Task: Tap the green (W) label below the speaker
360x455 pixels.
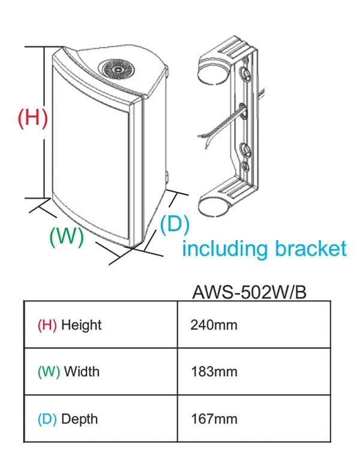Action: (x=65, y=235)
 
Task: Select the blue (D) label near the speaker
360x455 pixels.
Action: (x=175, y=224)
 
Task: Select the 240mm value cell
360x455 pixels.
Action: (x=214, y=325)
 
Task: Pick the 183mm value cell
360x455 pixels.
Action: (x=214, y=372)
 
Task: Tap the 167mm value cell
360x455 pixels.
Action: (x=214, y=418)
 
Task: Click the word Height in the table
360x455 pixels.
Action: (x=81, y=325)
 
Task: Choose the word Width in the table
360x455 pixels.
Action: (x=82, y=372)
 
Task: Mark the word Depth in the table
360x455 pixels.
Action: (x=80, y=418)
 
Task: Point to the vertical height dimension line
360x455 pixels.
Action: (x=44, y=120)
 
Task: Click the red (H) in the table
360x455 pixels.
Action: (x=47, y=325)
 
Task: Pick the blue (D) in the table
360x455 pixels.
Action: (x=47, y=418)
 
